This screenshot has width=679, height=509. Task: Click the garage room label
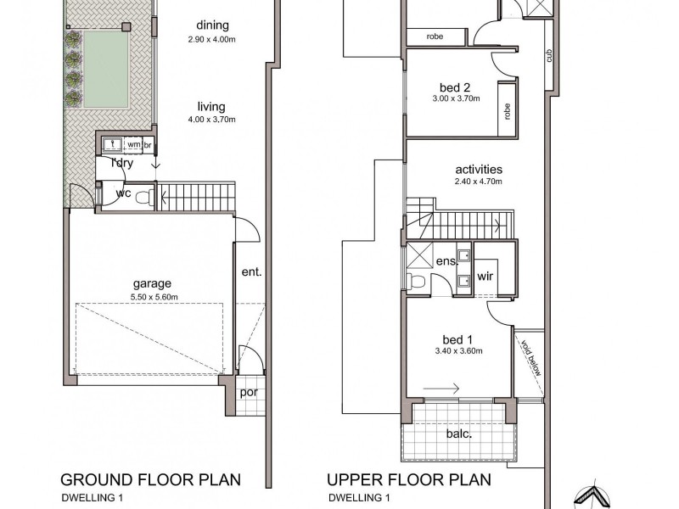pos(152,284)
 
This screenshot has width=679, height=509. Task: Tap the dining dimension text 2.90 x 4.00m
pos(211,39)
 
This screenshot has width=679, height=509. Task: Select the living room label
pos(211,107)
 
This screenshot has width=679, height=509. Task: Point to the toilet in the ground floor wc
pos(143,198)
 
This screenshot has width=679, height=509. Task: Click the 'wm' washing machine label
pos(134,144)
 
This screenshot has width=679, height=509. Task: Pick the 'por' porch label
pos(249,393)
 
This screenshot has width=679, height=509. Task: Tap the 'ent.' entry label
pos(251,272)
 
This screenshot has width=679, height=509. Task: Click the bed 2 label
pos(455,88)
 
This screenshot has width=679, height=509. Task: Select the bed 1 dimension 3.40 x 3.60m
pos(458,351)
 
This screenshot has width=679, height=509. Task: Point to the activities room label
pos(479,169)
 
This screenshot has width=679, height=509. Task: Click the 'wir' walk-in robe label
pos(485,276)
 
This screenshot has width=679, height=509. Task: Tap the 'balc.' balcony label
pos(459,433)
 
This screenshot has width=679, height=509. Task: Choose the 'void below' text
pos(531,358)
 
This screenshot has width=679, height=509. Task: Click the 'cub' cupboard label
pos(549,55)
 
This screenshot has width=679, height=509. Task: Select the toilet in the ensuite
pos(417,282)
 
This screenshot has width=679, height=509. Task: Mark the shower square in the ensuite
pos(419,256)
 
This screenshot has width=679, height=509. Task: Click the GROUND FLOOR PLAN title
pos(150,480)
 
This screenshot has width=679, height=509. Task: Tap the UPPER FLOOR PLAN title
pos(409,480)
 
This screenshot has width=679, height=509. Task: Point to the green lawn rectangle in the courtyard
pos(106,70)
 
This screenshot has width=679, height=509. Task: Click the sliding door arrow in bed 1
pos(441,389)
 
